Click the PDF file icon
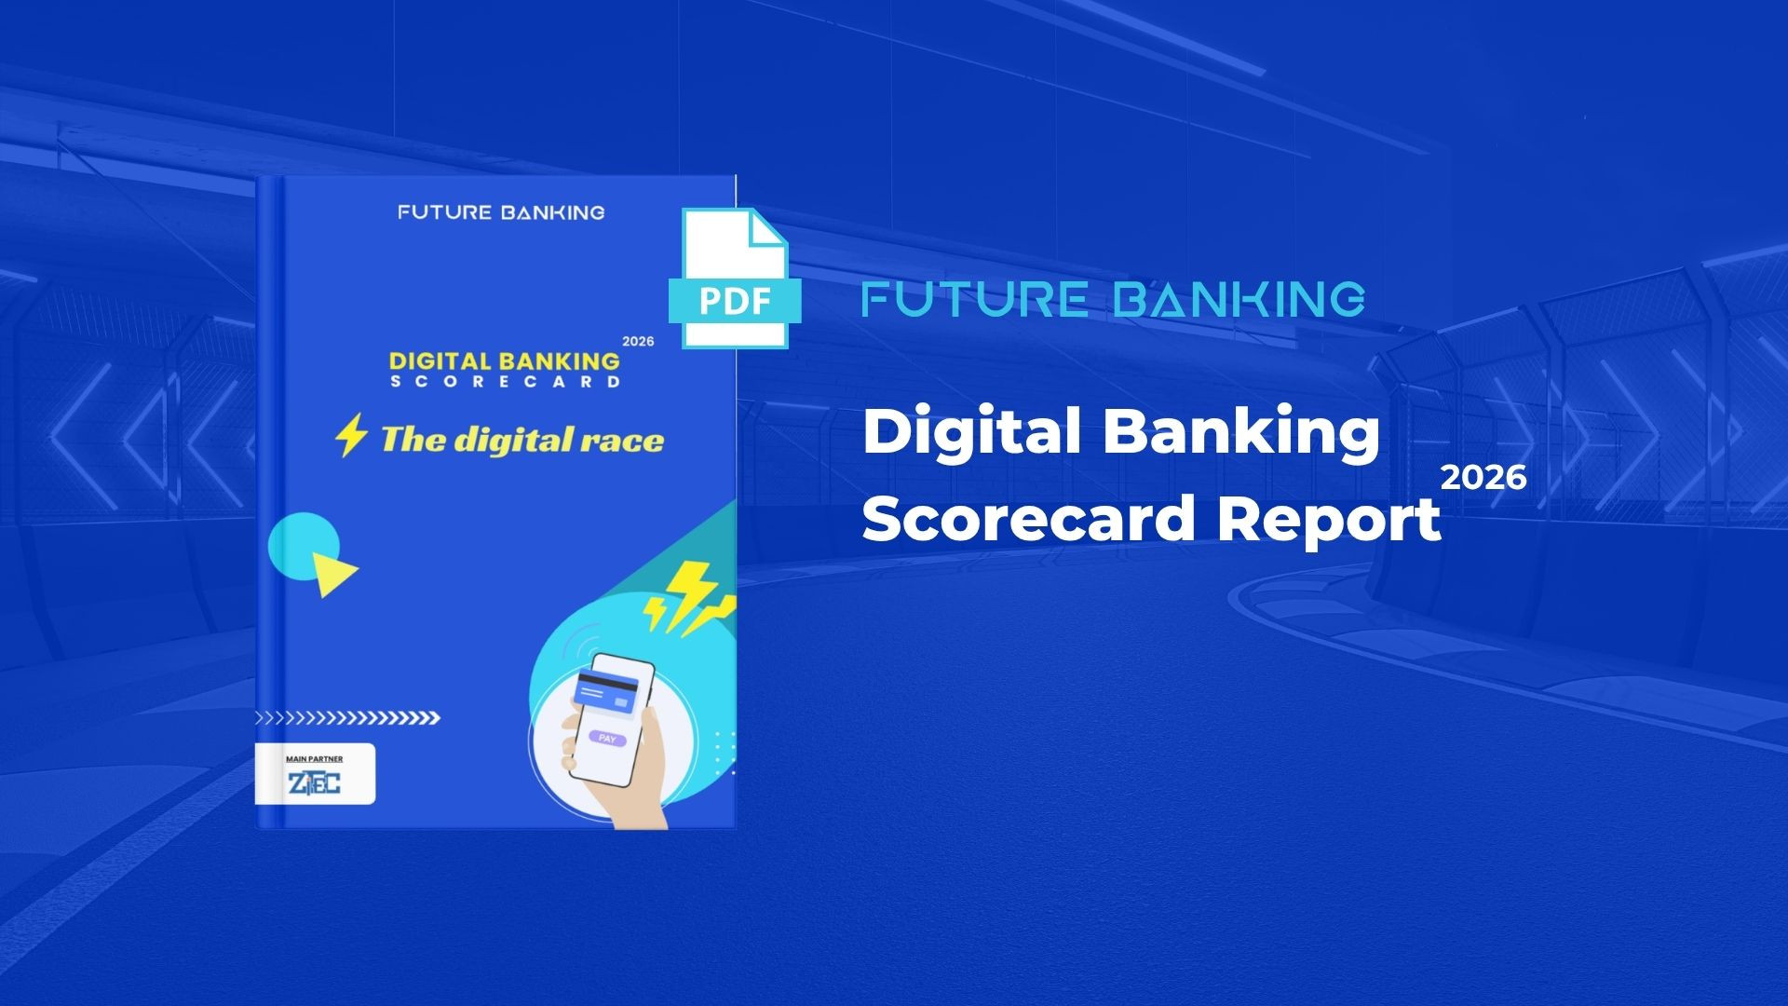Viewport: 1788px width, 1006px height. coord(735,279)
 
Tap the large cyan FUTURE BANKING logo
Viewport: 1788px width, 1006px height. coord(1113,299)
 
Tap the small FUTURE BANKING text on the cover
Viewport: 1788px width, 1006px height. coord(501,212)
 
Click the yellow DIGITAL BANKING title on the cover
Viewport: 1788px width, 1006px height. coord(504,360)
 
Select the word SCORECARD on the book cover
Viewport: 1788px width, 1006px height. coord(504,382)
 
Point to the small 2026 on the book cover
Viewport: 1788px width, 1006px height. coord(638,342)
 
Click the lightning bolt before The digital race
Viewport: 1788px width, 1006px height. coord(351,436)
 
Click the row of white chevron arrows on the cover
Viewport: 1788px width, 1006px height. coord(347,718)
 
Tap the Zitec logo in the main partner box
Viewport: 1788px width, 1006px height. coord(314,783)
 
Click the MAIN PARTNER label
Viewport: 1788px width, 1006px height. coord(314,759)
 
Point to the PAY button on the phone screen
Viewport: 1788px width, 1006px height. coord(607,739)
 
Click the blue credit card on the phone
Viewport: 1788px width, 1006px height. coord(606,692)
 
